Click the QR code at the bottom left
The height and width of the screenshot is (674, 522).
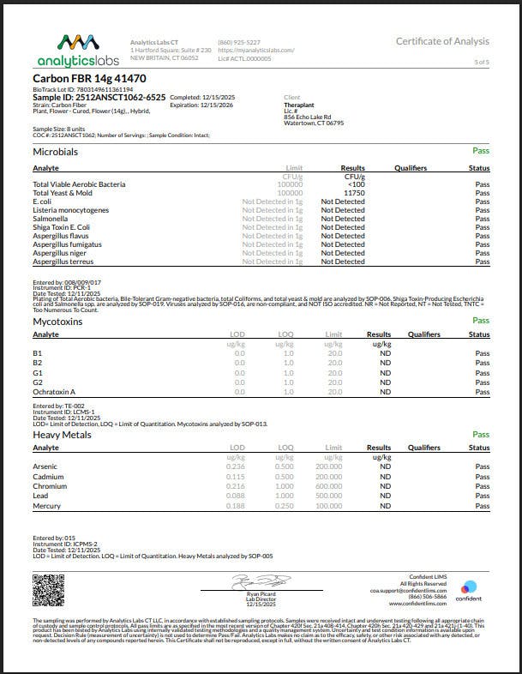pos(48,589)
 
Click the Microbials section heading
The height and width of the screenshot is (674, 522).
pos(55,152)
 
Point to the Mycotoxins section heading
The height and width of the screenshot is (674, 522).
pos(57,321)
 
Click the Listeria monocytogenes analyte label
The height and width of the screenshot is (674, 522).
pos(70,210)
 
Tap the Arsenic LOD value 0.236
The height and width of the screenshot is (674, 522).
pos(233,467)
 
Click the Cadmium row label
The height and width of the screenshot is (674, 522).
pos(47,478)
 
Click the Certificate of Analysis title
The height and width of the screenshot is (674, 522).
pos(442,41)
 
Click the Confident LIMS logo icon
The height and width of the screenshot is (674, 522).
pos(469,588)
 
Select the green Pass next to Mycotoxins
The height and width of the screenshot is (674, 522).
pos(481,321)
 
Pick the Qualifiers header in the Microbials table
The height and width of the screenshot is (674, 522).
pos(411,168)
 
